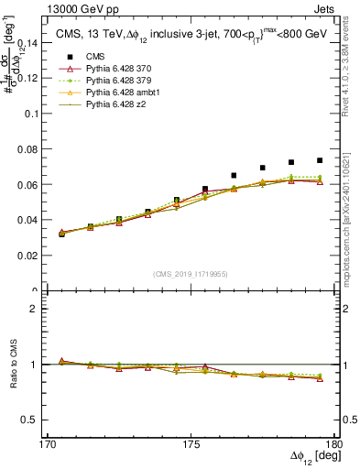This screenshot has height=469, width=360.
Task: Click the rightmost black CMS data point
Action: pyautogui.click(x=320, y=160)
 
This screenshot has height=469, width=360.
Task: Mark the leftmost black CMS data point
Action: pyautogui.click(x=61, y=234)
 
